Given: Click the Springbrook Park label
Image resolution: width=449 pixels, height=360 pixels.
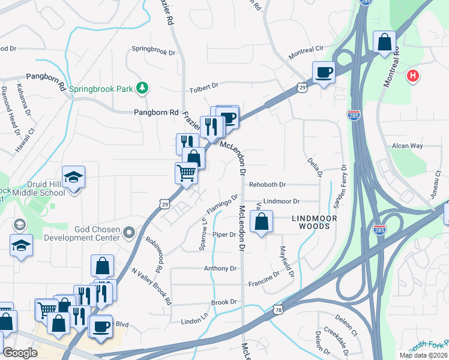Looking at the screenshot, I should pos(100,89).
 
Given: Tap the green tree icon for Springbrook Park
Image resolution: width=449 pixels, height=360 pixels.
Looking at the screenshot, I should pos(142,88).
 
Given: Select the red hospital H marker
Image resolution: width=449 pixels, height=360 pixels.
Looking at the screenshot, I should pos(412,76).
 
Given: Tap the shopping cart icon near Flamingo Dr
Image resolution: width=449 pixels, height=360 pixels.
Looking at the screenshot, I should pos(187,173).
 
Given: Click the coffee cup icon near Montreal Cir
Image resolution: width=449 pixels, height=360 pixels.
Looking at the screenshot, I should pos(324,73).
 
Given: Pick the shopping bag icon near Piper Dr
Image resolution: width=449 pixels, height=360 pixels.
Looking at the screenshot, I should pos(262,223).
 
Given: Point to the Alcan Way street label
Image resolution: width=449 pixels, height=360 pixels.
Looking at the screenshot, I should pos(408,146).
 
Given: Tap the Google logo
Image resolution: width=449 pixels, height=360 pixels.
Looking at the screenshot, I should pos(20,352).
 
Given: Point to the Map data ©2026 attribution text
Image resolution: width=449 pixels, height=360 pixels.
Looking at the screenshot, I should pos(423,355).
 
